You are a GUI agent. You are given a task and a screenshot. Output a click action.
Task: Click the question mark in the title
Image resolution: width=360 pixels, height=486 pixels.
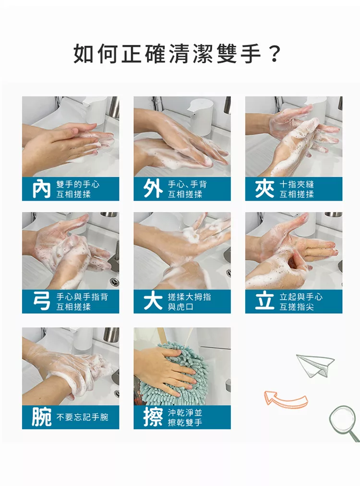click(x=274, y=54)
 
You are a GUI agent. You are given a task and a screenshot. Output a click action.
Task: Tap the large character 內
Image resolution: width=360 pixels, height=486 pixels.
click(x=41, y=189)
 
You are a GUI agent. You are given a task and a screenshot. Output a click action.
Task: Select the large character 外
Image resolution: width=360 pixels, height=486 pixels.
click(x=153, y=189)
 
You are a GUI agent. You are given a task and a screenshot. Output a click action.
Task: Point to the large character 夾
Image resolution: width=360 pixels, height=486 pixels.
click(x=264, y=189)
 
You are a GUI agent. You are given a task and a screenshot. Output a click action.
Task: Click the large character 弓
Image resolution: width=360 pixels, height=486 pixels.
click(x=41, y=301)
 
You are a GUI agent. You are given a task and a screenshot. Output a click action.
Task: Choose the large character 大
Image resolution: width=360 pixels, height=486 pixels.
click(x=153, y=301)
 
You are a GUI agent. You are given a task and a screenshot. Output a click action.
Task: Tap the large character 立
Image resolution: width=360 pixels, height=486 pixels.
click(x=264, y=301)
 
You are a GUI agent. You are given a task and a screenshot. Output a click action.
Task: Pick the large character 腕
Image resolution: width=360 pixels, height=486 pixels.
click(x=41, y=417)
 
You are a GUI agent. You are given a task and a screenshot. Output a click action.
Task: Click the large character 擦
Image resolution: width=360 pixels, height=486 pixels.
click(x=153, y=417)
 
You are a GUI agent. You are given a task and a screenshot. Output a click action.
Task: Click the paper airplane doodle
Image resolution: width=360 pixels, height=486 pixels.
click(x=314, y=365)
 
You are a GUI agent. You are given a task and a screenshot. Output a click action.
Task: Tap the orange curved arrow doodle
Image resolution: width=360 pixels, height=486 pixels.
click(x=285, y=399)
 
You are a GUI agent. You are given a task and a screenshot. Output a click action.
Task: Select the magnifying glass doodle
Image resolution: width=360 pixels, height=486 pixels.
click(x=344, y=423)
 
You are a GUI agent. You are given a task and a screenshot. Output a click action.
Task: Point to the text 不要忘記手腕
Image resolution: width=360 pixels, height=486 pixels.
click(x=83, y=417)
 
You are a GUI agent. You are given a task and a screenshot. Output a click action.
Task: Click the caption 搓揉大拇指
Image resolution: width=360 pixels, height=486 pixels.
click(x=189, y=297)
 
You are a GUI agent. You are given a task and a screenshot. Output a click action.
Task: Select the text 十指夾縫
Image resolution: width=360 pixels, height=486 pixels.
click(x=297, y=184)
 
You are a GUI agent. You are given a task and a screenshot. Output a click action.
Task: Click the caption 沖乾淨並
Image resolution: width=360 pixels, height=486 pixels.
click(x=185, y=412)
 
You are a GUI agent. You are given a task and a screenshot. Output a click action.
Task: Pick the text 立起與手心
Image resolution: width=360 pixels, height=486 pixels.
click(x=301, y=297)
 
